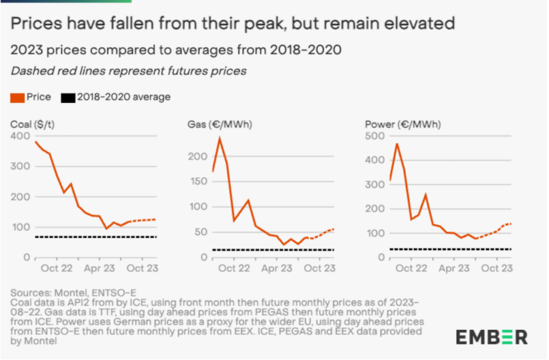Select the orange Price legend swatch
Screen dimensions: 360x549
(16, 97)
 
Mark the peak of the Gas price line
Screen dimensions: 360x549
(219, 138)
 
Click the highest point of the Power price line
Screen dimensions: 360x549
(397, 144)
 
